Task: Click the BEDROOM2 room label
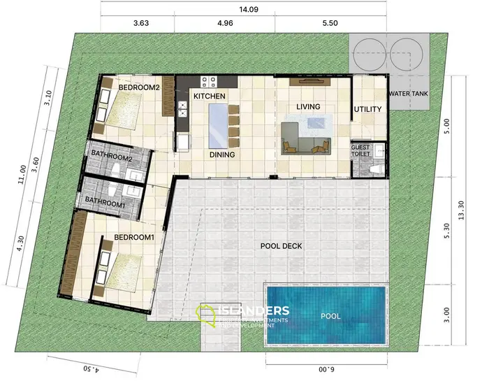click(140, 88)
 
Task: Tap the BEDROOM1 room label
click(134, 238)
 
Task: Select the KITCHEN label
click(210, 96)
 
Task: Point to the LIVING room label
click(308, 107)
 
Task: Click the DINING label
click(222, 155)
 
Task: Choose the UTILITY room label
click(367, 110)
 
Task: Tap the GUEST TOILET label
click(360, 151)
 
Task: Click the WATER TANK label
click(409, 94)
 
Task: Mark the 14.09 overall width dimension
click(245, 10)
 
